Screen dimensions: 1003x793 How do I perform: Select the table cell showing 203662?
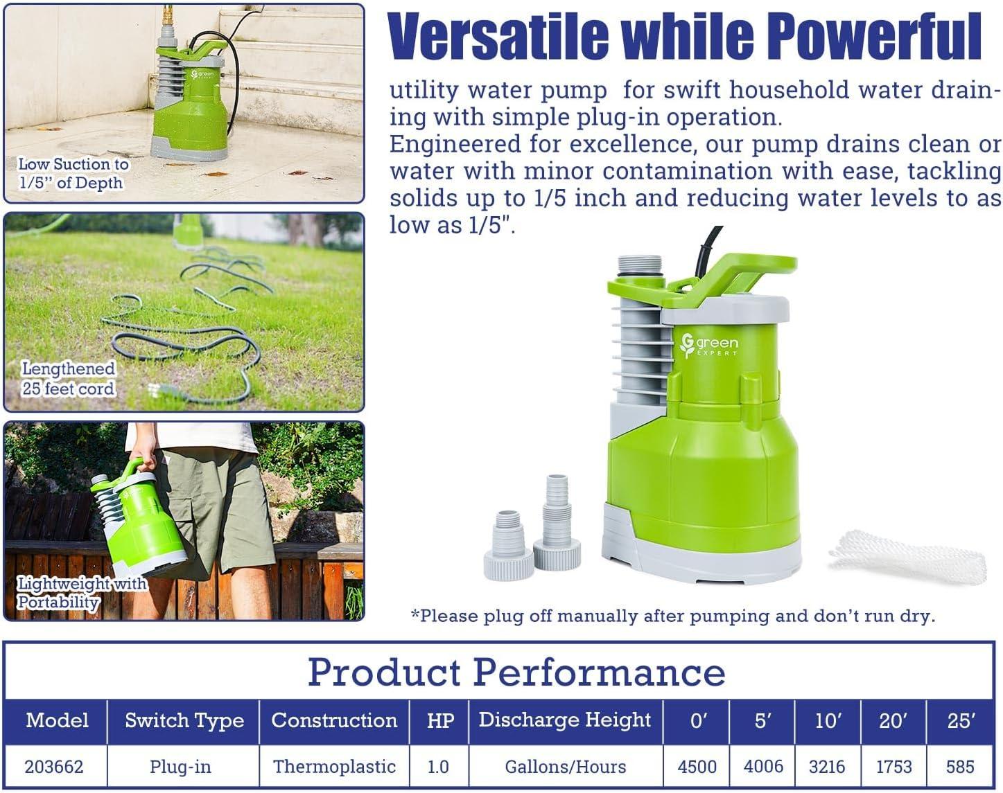coord(54,767)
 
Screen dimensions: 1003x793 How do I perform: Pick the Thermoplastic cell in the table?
coord(334,767)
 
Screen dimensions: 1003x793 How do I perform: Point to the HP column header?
coord(440,720)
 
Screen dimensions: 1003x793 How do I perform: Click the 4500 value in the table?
coord(697,767)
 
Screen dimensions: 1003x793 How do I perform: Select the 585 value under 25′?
coord(959,767)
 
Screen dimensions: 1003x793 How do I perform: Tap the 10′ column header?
coord(828,720)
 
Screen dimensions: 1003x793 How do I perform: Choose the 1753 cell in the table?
coord(893,767)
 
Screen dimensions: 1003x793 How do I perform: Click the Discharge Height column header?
coord(564,720)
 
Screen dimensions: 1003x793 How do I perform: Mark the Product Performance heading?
coord(516,672)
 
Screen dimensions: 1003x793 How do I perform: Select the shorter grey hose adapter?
coord(509,545)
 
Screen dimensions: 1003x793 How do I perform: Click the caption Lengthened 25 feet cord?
coord(68,378)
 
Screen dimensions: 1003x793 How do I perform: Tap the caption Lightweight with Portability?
coord(82,592)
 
